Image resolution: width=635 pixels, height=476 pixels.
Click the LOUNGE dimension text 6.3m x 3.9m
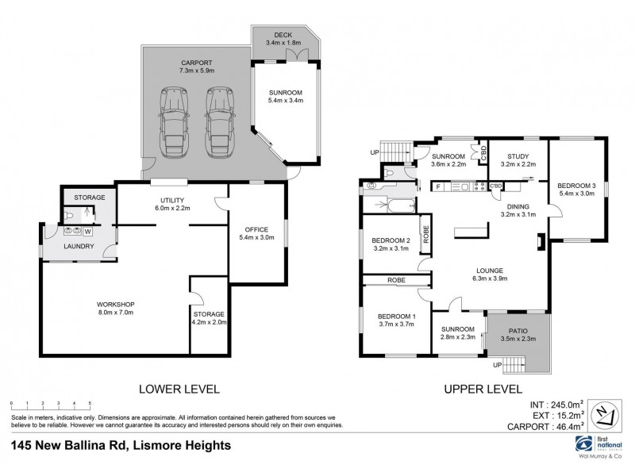click(x=489, y=278)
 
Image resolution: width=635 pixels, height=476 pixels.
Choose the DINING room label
click(x=518, y=206)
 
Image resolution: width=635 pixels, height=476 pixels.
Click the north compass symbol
click(x=606, y=413)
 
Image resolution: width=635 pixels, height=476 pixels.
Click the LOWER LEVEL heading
click(x=179, y=389)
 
